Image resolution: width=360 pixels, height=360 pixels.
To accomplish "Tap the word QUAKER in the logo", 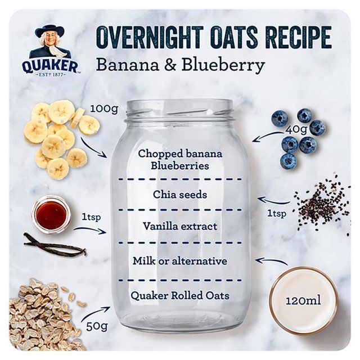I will [51, 66].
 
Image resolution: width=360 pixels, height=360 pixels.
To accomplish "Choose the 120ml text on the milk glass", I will [303, 300].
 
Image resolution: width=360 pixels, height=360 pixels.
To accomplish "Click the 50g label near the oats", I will [97, 325].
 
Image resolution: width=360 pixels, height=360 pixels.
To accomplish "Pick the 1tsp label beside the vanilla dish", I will [91, 217].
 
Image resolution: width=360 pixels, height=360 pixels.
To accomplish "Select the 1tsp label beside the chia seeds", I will [276, 213].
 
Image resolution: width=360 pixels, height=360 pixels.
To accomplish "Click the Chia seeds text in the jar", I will [180, 195].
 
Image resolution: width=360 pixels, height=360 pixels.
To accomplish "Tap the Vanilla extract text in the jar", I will [180, 227].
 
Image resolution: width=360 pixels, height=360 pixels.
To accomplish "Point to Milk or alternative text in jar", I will [180, 261].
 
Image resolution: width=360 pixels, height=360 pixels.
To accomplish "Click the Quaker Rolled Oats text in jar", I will [180, 295].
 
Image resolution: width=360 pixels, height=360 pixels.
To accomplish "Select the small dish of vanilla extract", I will [51, 214].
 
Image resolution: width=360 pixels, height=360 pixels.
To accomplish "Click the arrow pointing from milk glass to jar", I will [271, 261].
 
